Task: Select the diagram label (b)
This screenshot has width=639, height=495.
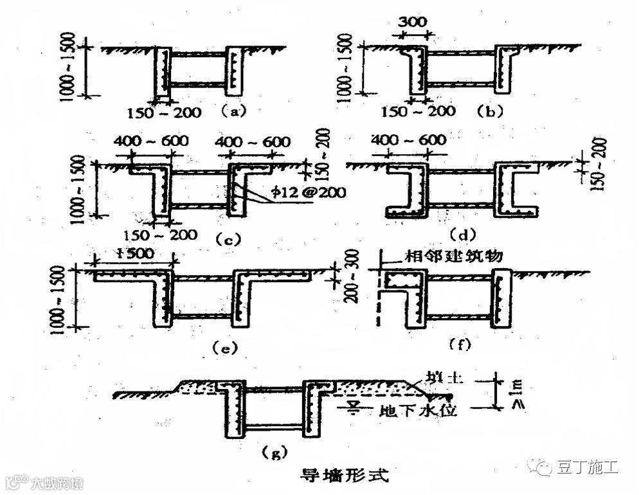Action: tap(490, 111)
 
